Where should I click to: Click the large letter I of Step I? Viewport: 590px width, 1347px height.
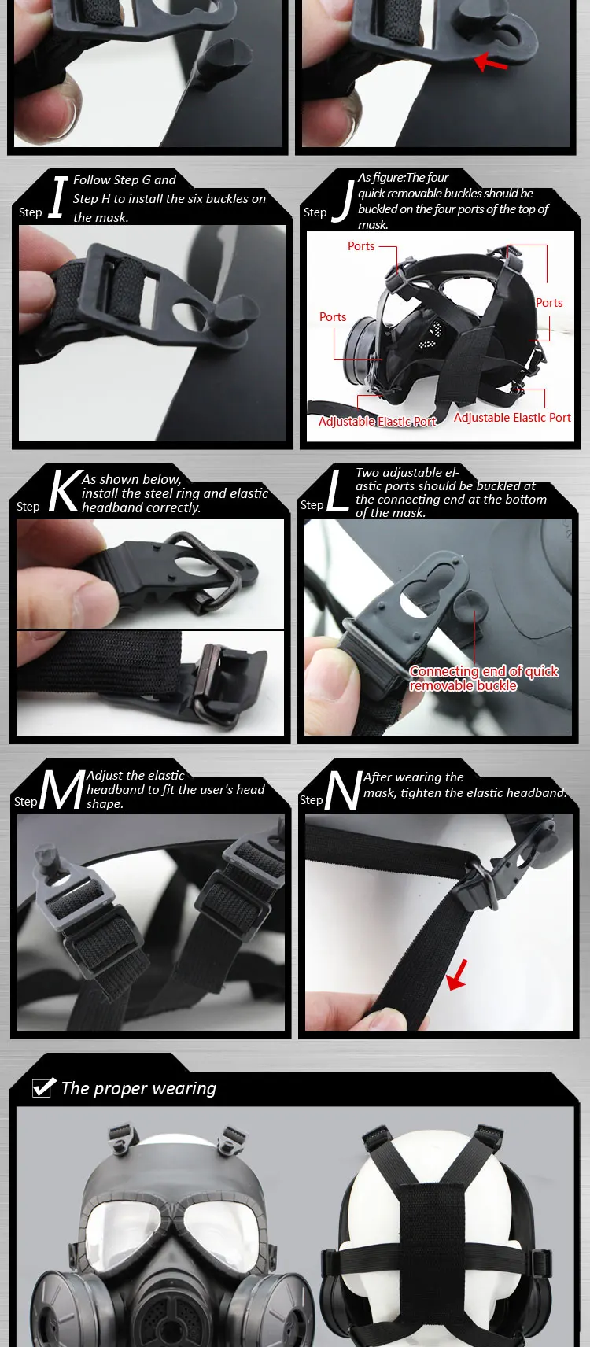coord(58,197)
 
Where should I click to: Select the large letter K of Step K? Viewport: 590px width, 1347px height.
coord(66,491)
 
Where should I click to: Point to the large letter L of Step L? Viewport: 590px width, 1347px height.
coord(337,491)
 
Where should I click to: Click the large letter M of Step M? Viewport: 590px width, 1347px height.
coord(62,789)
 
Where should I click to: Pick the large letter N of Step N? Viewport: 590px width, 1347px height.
coord(344,789)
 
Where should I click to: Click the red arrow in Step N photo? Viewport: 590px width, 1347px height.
coord(457,973)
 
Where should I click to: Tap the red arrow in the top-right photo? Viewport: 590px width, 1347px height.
coord(491,62)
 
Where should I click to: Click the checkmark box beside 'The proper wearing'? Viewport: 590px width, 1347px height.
coord(43,1087)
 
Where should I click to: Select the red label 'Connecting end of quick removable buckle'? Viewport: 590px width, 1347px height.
coord(484,678)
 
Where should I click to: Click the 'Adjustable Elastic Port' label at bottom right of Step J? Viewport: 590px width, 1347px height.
coord(512,417)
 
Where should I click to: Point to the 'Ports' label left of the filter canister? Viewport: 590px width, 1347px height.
coord(333,317)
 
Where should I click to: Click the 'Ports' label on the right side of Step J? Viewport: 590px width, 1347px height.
coord(549,302)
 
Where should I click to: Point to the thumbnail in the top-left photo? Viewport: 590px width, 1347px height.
coord(60,111)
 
